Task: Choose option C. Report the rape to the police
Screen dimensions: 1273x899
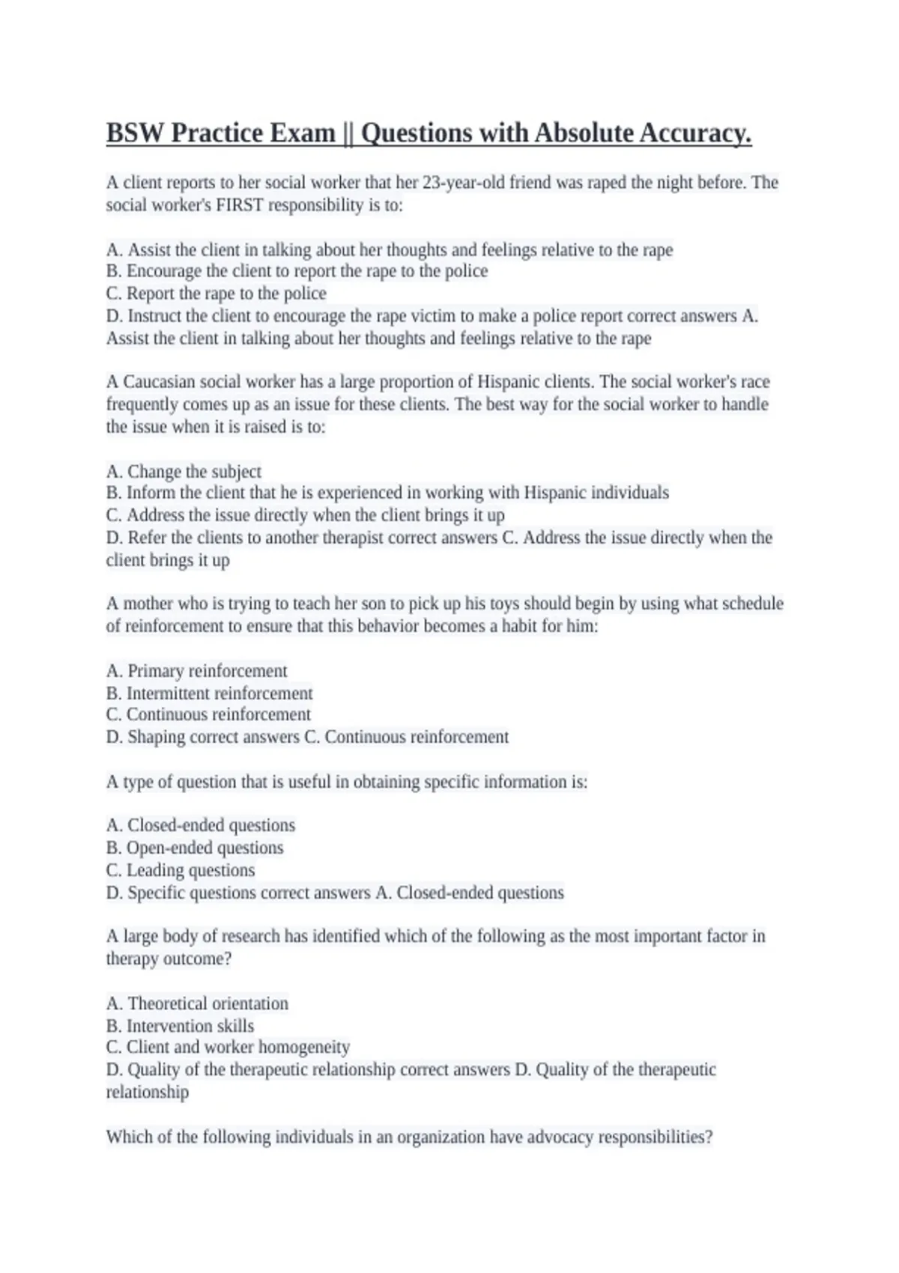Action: coord(217,294)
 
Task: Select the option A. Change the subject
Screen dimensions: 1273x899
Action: coord(184,472)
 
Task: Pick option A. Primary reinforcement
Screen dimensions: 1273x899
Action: coord(197,671)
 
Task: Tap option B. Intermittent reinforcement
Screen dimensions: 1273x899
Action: coord(210,693)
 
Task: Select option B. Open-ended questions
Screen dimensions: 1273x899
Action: coord(195,848)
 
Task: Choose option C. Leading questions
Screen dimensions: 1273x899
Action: coord(181,870)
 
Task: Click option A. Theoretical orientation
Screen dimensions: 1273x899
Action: coord(198,1003)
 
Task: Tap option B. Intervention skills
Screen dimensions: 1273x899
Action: coord(181,1026)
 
